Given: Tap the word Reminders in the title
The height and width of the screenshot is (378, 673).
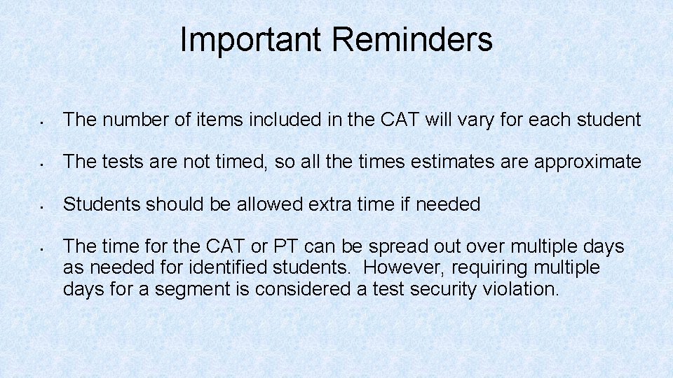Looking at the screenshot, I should (x=412, y=40).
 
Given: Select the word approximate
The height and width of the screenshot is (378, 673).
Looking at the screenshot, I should (x=587, y=162).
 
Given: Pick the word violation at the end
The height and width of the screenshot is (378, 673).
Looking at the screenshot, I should (x=521, y=289).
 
